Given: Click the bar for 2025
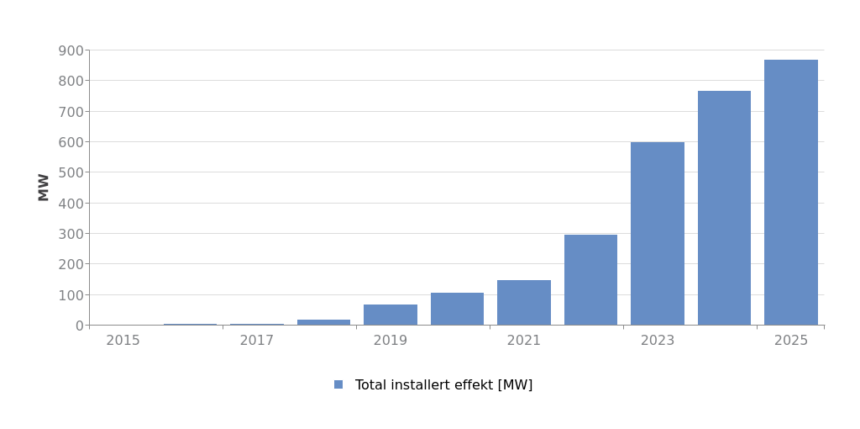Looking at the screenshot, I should pyautogui.click(x=790, y=193).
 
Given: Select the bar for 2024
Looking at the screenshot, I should pyautogui.click(x=724, y=208).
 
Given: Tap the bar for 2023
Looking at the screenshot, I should pyautogui.click(x=658, y=234).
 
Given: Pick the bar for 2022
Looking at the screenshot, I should pyautogui.click(x=590, y=280).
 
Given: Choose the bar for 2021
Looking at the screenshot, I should pyautogui.click(x=524, y=303).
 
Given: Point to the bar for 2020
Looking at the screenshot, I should pyautogui.click(x=457, y=309).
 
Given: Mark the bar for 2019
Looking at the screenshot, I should pyautogui.click(x=391, y=315).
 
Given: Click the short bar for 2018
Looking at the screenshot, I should pyautogui.click(x=323, y=322).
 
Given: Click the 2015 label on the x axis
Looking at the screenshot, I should pyautogui.click(x=123, y=341).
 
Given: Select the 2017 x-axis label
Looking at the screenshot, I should pyautogui.click(x=257, y=341).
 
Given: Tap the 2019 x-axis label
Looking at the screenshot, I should pyautogui.click(x=391, y=341).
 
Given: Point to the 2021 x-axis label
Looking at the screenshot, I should pyautogui.click(x=524, y=341).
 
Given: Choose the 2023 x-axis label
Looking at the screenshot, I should pyautogui.click(x=658, y=341).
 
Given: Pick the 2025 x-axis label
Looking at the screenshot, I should pyautogui.click(x=791, y=341).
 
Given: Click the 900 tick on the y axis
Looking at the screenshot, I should pyautogui.click(x=71, y=50).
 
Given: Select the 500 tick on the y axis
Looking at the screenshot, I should pyautogui.click(x=71, y=172).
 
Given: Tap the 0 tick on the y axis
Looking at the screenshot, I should pyautogui.click(x=79, y=326).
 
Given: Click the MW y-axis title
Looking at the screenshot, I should pyautogui.click(x=44, y=187).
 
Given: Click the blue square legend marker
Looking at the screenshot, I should pyautogui.click(x=338, y=384).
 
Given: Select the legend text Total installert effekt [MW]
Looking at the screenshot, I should pyautogui.click(x=443, y=385).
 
